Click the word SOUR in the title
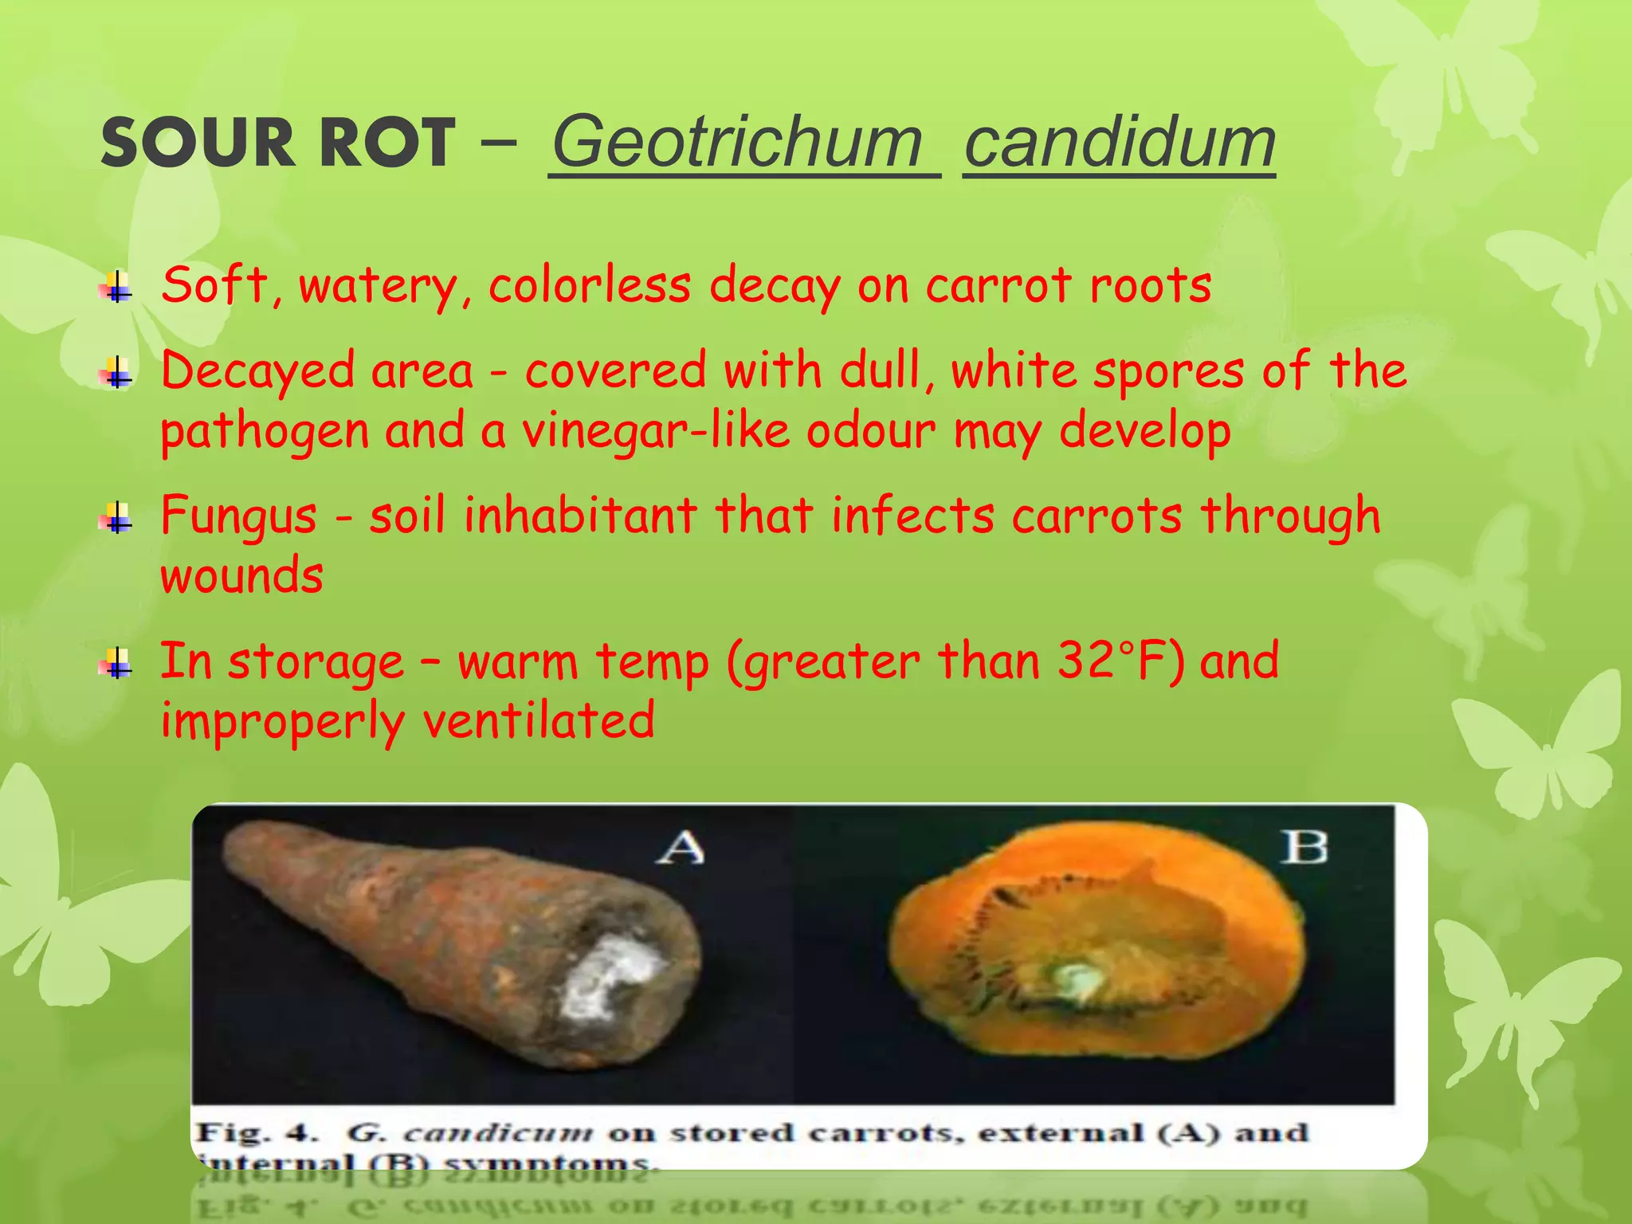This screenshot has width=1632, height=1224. (198, 143)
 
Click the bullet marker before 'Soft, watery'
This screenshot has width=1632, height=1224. (116, 287)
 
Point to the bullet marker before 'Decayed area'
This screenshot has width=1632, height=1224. (116, 372)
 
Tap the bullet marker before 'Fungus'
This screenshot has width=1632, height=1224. (116, 518)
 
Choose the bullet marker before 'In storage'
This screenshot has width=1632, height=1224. (116, 663)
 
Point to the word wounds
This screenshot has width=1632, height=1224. (242, 575)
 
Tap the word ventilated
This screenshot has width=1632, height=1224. (539, 720)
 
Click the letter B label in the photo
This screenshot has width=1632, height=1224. (1304, 847)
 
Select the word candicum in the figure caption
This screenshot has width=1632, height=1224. (498, 1132)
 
